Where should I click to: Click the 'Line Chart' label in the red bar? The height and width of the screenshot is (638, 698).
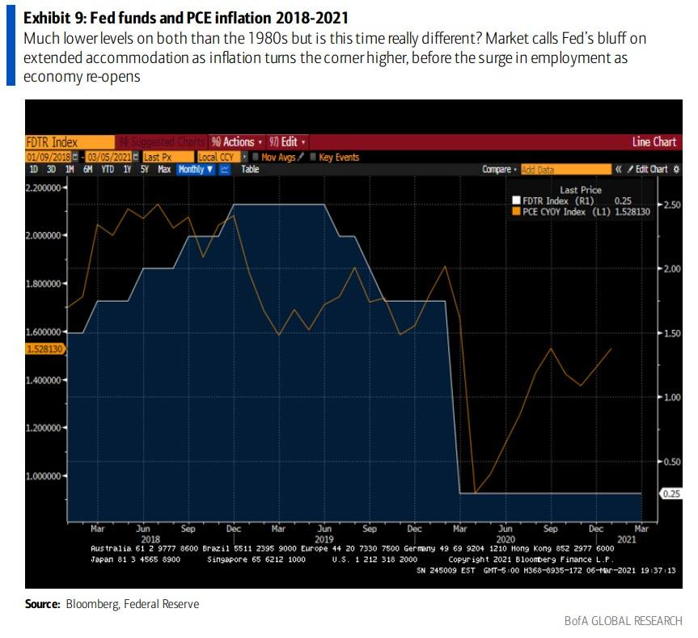654,142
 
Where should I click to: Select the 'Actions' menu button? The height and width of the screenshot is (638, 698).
237,142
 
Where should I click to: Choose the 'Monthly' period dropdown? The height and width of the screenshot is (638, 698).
195,169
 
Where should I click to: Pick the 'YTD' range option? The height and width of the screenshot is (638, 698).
107,169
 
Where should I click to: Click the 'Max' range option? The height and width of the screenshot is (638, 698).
164,169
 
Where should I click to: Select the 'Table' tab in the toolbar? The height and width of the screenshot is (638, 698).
250,169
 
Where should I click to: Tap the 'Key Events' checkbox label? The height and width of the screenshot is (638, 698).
338,157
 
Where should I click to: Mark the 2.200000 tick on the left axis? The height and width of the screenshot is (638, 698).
44,187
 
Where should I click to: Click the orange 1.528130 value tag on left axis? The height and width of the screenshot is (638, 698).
45,349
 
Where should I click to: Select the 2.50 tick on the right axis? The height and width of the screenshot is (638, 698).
673,205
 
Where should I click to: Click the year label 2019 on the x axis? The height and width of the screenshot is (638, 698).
323,539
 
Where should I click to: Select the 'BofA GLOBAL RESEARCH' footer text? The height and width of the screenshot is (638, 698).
624,621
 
